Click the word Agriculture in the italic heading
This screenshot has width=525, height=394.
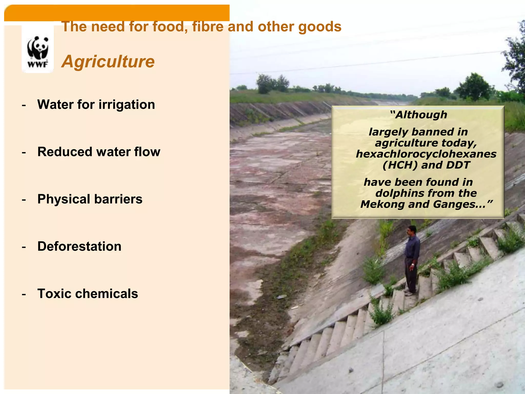pos(108,62)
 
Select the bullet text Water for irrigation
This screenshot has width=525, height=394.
pos(96,104)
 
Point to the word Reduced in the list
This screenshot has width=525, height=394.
pos(64,152)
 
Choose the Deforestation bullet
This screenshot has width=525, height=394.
pos(79,246)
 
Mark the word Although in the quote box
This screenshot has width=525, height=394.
pos(419,115)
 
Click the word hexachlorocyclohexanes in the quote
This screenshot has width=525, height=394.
pos(426,154)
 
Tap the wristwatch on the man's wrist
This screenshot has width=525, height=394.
pos(412,264)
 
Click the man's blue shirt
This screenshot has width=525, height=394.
pos(412,246)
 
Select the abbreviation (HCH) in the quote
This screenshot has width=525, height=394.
pos(400,165)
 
